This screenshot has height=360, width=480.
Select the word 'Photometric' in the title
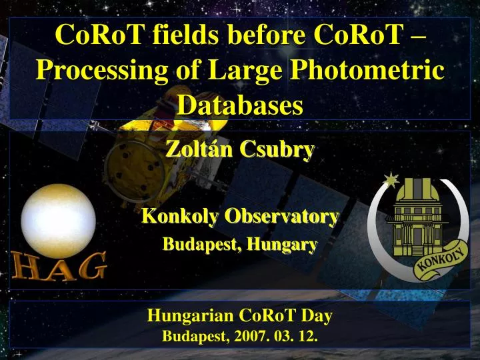click(378, 70)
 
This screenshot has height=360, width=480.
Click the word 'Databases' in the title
click(240, 104)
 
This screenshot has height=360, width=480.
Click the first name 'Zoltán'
click(193, 151)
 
